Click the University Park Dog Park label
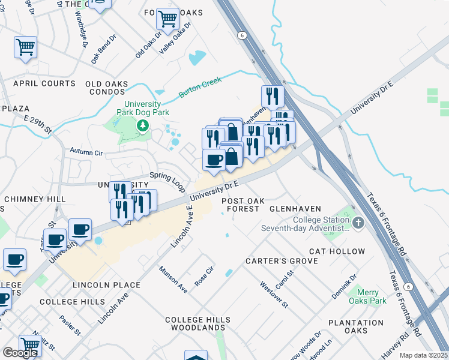tap(143, 107)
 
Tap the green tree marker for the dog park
tap(143, 125)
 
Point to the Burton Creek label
tap(200, 87)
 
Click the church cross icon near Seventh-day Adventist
tap(358, 224)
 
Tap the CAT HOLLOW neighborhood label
tap(337, 251)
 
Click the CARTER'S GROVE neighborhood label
tap(279, 262)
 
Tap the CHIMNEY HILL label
tap(34, 199)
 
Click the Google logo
tap(20, 352)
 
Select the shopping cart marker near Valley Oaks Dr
tap(167, 19)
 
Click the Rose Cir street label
tap(205, 277)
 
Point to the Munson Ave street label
tap(173, 280)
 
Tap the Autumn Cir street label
tap(86, 151)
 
